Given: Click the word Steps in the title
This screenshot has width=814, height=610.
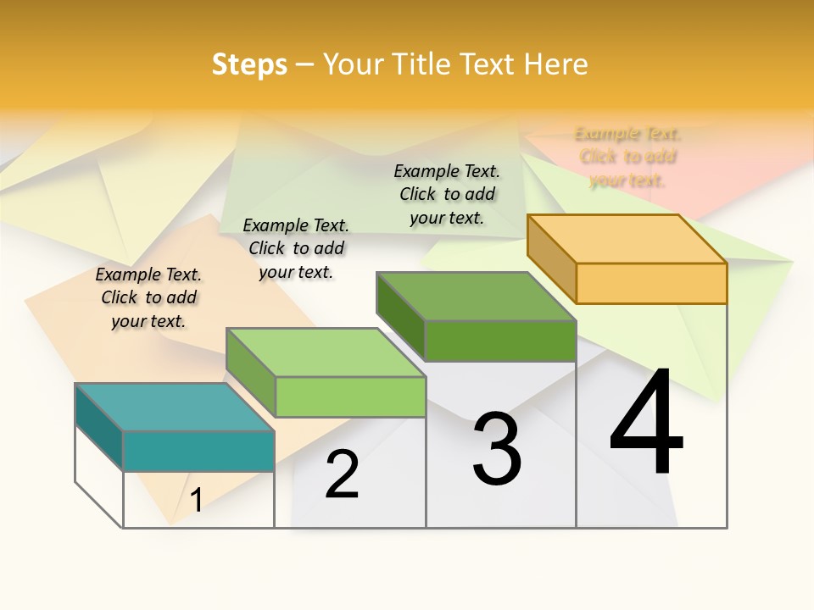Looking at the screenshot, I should point(249,64).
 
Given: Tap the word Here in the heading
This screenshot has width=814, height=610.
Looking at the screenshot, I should point(556,64).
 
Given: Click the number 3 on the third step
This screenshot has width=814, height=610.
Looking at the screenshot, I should point(497,449).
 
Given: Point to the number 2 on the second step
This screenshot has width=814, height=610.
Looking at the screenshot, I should point(342,474).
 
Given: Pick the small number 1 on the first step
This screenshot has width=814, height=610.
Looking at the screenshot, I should point(196,500).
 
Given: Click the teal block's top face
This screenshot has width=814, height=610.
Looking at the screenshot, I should point(174,408).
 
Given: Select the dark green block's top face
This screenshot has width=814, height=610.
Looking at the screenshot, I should point(476,297).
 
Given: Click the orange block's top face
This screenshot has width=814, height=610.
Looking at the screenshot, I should point(627,239).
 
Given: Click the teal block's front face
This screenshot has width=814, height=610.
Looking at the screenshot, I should point(198,451).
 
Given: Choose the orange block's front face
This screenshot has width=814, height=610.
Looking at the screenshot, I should point(651,283).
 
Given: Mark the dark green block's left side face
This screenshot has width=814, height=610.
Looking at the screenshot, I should point(400,315).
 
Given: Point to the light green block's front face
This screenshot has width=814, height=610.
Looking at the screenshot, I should point(350,396).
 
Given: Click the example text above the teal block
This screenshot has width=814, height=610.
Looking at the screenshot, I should point(148,297).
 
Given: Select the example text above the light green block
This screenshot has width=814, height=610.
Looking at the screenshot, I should point(296,248).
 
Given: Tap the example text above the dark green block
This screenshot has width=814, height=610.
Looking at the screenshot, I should point(447,194).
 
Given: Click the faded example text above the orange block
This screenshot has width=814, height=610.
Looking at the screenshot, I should point(627,157).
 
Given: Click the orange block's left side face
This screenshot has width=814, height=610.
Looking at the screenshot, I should point(551,258).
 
